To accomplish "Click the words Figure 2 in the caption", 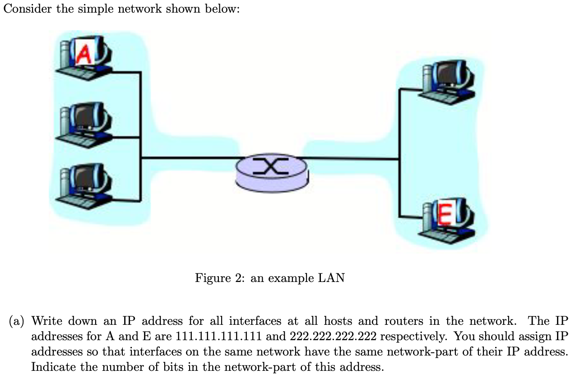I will tap(220, 278).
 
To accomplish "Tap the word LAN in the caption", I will tap(331, 278).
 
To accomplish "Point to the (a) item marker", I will tap(18, 321).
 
